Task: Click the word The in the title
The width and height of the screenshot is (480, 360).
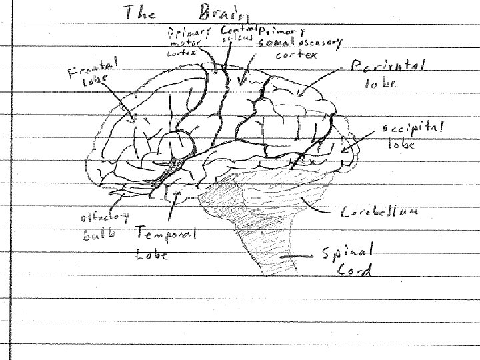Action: [x=138, y=13]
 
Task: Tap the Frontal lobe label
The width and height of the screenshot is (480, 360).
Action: [x=93, y=72]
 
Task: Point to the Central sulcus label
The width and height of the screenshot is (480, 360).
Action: [x=236, y=35]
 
